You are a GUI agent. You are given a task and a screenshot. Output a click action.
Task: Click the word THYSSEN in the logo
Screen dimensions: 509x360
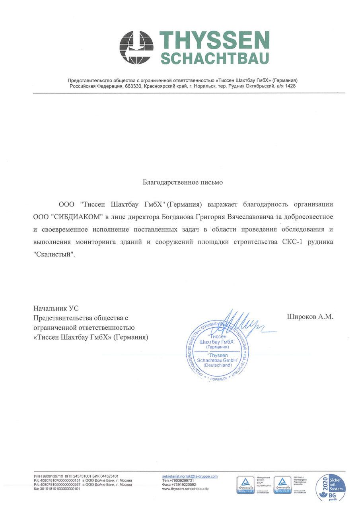(214, 41)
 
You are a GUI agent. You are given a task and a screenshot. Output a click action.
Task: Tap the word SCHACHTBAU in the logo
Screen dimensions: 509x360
(214, 58)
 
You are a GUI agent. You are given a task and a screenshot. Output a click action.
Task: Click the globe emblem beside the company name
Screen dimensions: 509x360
(136, 47)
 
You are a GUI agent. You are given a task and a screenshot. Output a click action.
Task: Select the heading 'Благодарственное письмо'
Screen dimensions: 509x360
(183, 183)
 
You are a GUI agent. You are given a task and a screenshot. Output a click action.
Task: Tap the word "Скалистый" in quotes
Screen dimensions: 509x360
(54, 254)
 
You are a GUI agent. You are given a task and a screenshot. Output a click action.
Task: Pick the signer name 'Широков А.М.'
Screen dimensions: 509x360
(310, 317)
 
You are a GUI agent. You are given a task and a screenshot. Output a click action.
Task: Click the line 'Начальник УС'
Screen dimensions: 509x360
(56, 308)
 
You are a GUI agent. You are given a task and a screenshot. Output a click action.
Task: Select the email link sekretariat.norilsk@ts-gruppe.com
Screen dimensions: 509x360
(190, 476)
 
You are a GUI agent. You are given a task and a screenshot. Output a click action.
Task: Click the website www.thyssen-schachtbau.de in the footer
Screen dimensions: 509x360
(185, 489)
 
